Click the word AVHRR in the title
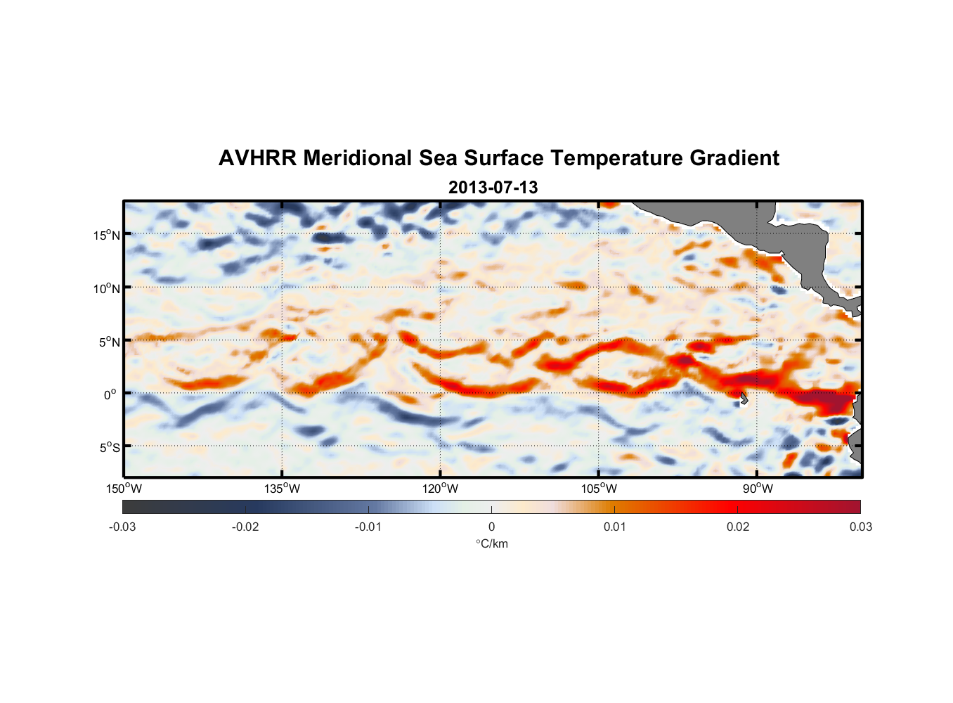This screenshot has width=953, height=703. tap(257, 158)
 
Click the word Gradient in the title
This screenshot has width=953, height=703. tap(734, 158)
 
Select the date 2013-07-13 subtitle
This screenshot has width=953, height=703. tap(493, 188)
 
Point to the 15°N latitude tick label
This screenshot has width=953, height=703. tap(107, 235)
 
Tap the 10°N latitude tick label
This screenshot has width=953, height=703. tap(107, 288)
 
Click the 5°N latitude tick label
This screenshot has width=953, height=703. tap(109, 342)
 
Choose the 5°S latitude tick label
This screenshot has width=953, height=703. tap(109, 448)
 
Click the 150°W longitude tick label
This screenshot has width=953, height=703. tap(124, 489)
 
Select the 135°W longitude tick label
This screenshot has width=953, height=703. tap(282, 489)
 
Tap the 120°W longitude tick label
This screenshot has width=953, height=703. tap(440, 489)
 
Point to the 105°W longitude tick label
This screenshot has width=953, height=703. tap(599, 489)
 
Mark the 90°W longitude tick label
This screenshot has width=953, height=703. tap(758, 489)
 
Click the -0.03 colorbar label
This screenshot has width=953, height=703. tap(122, 527)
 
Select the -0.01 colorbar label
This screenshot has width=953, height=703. tap(368, 527)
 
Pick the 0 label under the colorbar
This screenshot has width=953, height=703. tap(491, 527)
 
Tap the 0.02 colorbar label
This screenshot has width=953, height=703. tap(738, 527)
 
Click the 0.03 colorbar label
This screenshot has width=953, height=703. tap(860, 527)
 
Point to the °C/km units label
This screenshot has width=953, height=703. tap(491, 543)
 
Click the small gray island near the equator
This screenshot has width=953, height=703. tap(744, 399)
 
